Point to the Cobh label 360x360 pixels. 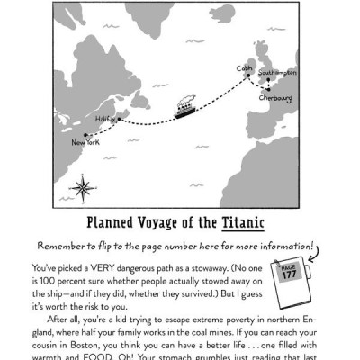tap(242, 67)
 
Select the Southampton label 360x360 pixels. tap(278, 71)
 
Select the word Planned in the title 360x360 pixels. tap(111, 222)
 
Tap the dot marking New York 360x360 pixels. tap(72, 135)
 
